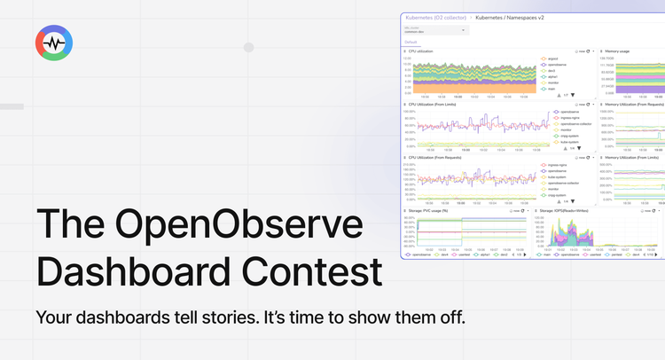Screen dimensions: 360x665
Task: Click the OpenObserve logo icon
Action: click(x=54, y=43)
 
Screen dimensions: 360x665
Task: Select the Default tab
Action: click(x=411, y=42)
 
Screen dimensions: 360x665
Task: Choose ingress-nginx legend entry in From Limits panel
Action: click(x=564, y=117)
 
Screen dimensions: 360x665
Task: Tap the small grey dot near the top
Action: click(x=249, y=47)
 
